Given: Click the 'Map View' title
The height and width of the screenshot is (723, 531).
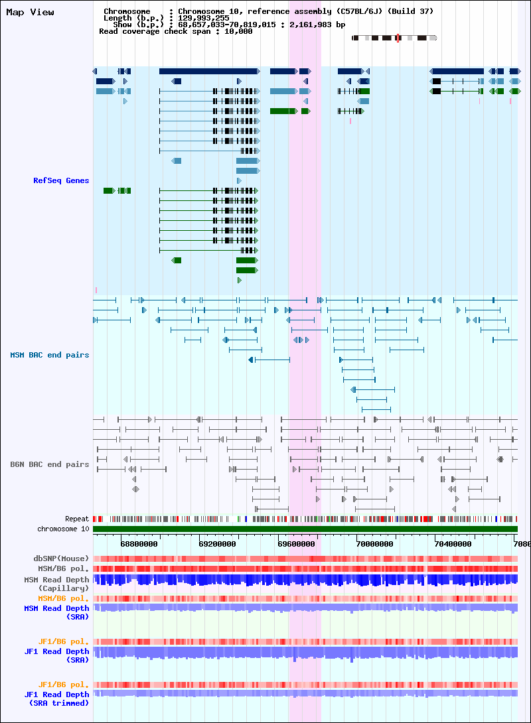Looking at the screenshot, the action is [30, 13].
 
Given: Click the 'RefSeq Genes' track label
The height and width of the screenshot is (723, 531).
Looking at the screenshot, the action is [61, 180].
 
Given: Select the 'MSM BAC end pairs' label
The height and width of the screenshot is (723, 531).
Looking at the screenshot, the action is [49, 355].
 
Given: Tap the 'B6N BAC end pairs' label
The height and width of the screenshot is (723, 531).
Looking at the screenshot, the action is [49, 464].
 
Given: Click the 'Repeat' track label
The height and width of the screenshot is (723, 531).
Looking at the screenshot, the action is [76, 519].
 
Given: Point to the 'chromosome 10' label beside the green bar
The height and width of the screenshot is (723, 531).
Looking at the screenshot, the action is [63, 529].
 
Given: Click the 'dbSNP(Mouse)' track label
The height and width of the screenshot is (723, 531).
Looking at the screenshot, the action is [61, 559].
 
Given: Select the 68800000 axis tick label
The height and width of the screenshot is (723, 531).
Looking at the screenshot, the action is [139, 544].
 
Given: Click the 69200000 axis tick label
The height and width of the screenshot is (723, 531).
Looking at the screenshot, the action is [217, 544].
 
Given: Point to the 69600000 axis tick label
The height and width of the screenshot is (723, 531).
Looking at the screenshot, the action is [296, 544].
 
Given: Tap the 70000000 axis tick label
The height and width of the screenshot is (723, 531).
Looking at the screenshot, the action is [374, 544].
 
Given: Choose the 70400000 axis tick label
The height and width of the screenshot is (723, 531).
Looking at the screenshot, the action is [453, 544].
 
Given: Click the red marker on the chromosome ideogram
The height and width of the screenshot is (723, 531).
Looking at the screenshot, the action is [398, 38].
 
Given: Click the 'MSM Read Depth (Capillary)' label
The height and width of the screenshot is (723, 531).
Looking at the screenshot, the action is [56, 584].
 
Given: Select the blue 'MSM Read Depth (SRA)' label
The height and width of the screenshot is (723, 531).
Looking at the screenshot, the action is [56, 612].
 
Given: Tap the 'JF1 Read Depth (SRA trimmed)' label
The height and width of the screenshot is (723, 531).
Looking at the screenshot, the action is [56, 698].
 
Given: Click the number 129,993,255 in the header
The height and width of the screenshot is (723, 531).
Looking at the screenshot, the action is [204, 18].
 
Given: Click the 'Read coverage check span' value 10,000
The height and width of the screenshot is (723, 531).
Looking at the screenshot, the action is [238, 31].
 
